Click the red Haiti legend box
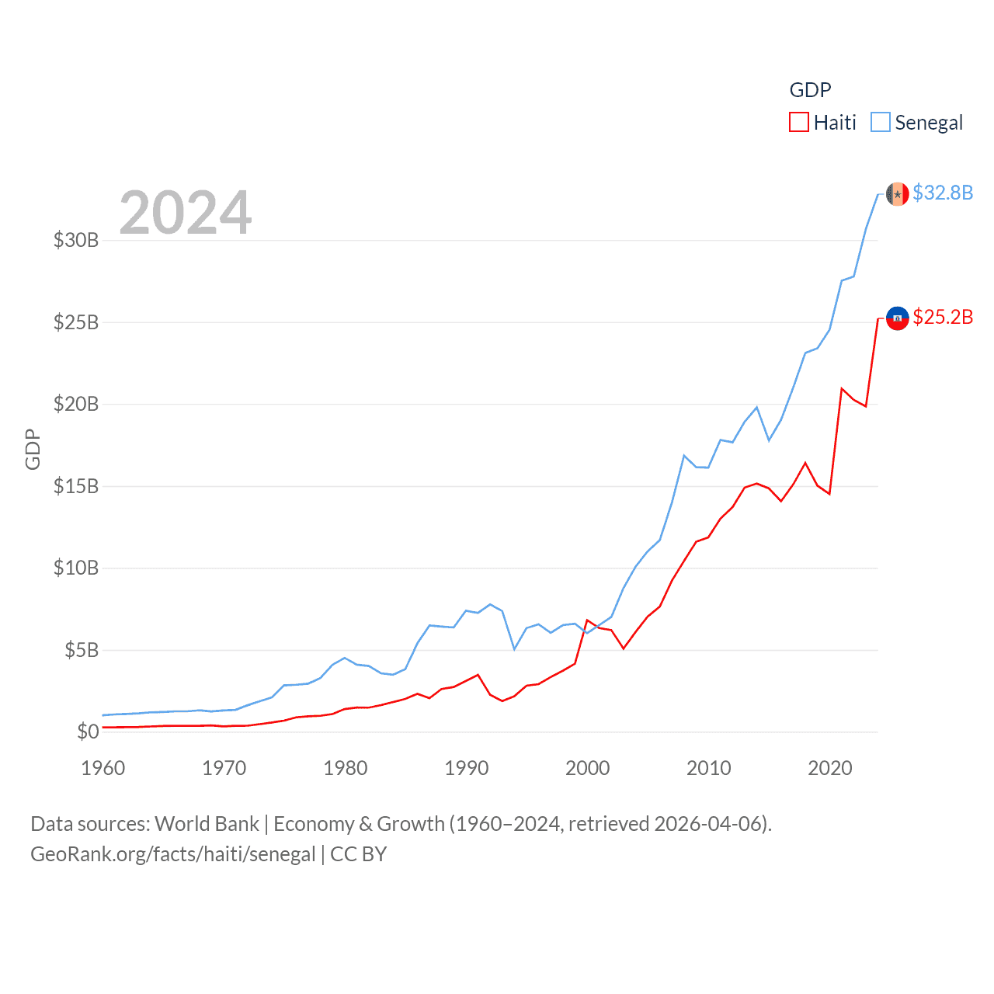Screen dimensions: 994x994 [799, 123]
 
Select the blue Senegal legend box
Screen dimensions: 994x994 [881, 123]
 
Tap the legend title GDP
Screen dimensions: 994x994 [810, 90]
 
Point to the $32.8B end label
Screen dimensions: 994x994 [942, 193]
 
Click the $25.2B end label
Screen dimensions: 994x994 [942, 317]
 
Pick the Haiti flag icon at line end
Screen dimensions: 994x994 [897, 318]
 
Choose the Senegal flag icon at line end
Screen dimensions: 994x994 [897, 194]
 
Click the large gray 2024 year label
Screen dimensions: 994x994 [186, 212]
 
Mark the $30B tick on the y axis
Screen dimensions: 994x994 [76, 240]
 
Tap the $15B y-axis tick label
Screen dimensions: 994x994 [76, 486]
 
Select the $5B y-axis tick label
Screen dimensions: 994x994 [82, 650]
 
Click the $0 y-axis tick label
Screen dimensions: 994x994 [88, 732]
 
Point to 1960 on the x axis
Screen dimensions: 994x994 [103, 768]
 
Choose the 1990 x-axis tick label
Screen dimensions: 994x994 [467, 768]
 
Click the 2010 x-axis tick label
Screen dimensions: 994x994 [709, 768]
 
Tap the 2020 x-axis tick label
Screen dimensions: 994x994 [830, 768]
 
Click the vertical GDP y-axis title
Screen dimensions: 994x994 [33, 449]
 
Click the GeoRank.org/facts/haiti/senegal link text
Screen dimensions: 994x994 [172, 854]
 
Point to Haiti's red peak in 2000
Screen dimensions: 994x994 [587, 620]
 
